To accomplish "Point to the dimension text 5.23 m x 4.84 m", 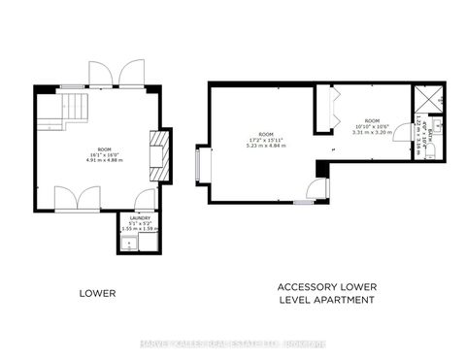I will coord(266,145).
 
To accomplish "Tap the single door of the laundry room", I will coord(145,201).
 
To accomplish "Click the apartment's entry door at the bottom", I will coord(312,189).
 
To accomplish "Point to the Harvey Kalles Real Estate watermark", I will coord(233,343).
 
